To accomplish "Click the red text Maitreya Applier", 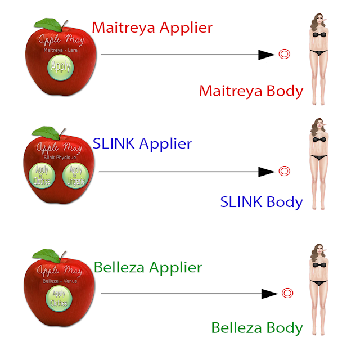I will coord(152,27).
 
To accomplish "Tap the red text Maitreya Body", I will coord(251,91).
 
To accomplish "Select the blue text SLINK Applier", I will coord(142,144).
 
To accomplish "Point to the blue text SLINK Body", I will coord(261,202).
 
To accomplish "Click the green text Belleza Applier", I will coord(148,267).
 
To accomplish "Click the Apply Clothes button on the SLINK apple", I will coord(41,175).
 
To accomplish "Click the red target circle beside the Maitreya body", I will coord(285,55).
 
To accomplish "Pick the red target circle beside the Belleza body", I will coord(287,293).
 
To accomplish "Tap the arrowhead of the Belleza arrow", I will coord(270,293).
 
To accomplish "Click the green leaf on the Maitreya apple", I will coord(48,25).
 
